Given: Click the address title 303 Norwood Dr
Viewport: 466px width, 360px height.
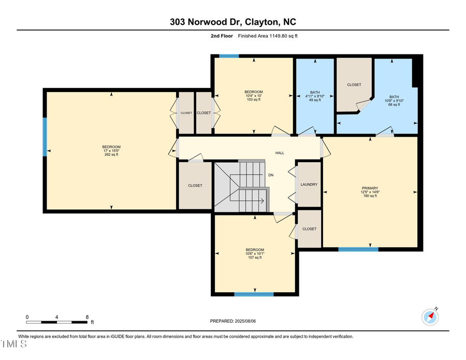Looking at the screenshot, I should (233, 22).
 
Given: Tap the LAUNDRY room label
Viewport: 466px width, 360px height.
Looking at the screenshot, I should (309, 184).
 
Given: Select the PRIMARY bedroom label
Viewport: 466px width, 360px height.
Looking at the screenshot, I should (370, 188).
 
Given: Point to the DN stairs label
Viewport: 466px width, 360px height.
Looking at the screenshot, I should (270, 175).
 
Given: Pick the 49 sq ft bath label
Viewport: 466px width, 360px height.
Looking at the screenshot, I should (314, 100).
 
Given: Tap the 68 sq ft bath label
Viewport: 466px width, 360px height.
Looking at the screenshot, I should (395, 105).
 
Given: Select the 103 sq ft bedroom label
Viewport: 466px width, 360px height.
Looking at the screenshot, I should (254, 99).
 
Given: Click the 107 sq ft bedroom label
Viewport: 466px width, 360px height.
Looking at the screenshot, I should (254, 257).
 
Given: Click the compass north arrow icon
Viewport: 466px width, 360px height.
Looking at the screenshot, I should (430, 316).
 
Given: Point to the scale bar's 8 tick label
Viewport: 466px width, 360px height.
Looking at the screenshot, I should (87, 316).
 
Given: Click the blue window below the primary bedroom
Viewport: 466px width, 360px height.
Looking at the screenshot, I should (358, 249).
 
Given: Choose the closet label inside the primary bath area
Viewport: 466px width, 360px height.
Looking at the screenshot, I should (354, 84).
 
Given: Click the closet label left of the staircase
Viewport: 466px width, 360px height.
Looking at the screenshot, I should (195, 185).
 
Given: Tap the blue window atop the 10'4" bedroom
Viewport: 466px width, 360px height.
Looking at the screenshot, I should (228, 56).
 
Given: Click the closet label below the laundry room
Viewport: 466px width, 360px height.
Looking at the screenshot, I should (309, 228).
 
